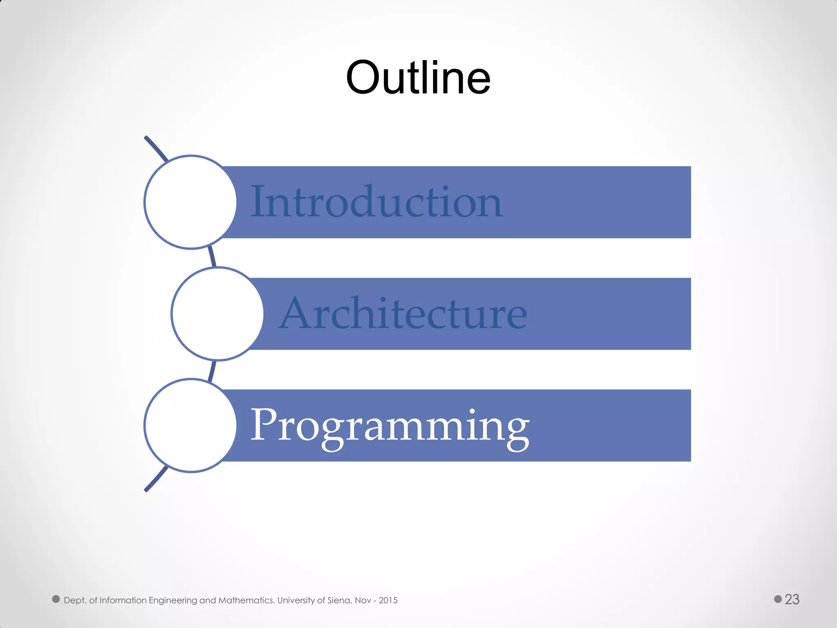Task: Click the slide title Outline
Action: [418, 78]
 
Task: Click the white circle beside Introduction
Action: [190, 202]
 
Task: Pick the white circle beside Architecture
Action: [217, 314]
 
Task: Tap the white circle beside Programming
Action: [190, 426]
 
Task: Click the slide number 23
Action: [792, 599]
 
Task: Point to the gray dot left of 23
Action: [778, 599]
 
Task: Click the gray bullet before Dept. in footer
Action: [56, 599]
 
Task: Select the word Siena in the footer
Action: [339, 600]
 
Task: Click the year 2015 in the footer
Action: [388, 600]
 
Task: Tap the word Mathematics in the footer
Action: [246, 600]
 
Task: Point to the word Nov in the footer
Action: [363, 600]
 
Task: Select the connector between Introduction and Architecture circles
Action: [212, 257]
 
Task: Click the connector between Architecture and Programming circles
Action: [212, 370]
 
